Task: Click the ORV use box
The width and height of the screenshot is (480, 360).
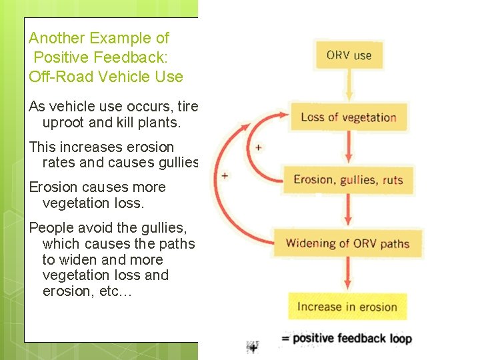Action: tap(349, 55)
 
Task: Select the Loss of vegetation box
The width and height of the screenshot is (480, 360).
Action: tap(348, 118)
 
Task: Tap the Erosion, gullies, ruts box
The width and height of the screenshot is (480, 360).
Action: tap(348, 180)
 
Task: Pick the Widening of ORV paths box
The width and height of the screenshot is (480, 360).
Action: tap(347, 243)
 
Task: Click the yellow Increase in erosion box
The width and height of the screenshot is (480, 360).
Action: tap(347, 307)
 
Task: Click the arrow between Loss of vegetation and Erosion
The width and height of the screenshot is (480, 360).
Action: tap(348, 148)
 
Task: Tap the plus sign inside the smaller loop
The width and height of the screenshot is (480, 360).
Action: tap(258, 147)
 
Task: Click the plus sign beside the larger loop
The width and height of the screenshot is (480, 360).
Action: tap(225, 176)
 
